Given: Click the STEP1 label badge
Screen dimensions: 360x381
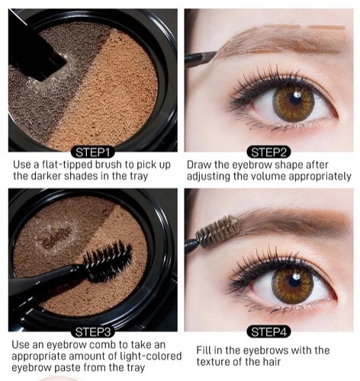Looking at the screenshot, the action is pyautogui.click(x=93, y=152).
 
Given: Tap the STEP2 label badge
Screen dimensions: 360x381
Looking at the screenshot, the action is pyautogui.click(x=268, y=152).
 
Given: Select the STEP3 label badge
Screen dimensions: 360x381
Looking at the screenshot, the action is pyautogui.click(x=93, y=332).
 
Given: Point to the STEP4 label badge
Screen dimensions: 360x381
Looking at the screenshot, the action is pyautogui.click(x=268, y=332).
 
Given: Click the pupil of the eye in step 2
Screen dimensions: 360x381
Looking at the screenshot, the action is pyautogui.click(x=295, y=100).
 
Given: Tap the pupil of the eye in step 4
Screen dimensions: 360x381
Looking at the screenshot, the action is pyautogui.click(x=294, y=282).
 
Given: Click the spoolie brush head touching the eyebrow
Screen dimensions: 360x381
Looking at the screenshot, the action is pyautogui.click(x=217, y=232).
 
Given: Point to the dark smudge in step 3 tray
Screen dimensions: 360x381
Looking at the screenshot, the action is pyautogui.click(x=56, y=238).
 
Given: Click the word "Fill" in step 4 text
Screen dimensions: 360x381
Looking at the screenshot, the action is pyautogui.click(x=204, y=351).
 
